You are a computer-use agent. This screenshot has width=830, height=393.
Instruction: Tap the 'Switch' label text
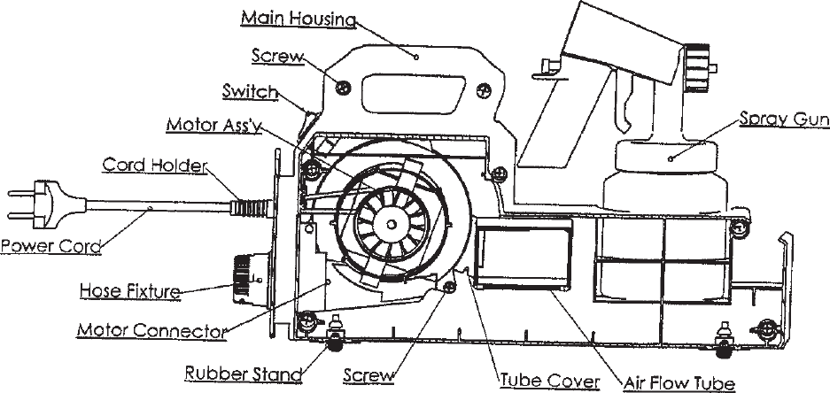coord(251,91)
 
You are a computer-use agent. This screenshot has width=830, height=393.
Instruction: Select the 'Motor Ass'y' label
coord(213,125)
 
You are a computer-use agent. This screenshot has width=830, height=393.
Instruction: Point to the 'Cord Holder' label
coord(156,166)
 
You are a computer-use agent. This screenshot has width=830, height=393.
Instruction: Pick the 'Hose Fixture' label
coord(130,289)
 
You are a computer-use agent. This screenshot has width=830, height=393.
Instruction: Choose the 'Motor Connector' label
coord(148,331)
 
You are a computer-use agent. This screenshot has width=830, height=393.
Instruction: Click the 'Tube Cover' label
coord(549,382)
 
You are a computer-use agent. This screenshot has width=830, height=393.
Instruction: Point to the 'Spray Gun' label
coord(777,119)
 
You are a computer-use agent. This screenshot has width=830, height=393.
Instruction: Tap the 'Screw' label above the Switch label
coord(276,57)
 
